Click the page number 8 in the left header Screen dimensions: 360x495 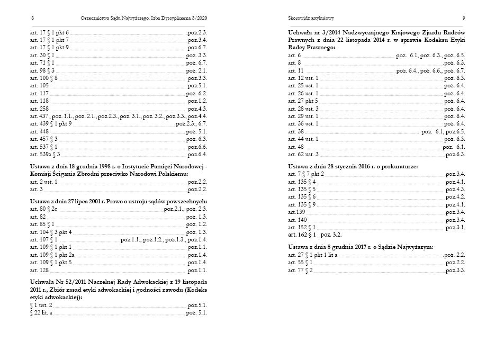pos(33,18)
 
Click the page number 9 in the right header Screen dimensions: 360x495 pos(463,18)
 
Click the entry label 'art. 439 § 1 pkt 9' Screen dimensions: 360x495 pos(51,124)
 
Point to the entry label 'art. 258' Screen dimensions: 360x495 pos(39,109)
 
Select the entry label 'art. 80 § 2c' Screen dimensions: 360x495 pos(43,209)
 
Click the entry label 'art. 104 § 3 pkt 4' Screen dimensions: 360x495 pos(50,232)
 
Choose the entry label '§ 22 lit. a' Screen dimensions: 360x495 pos(41,313)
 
